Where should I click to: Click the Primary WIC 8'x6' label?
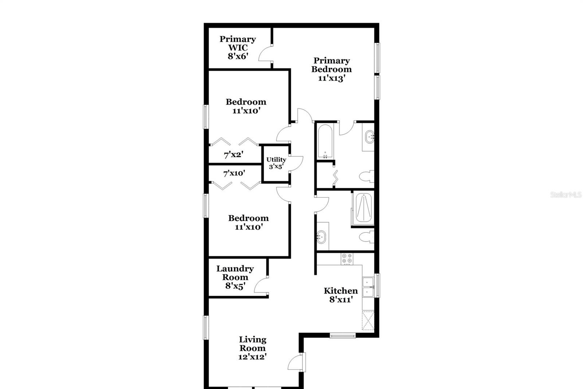pyautogui.click(x=238, y=48)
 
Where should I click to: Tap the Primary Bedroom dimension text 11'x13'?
pyautogui.click(x=332, y=78)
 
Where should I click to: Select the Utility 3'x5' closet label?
pyautogui.click(x=276, y=163)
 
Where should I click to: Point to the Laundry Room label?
pyautogui.click(x=235, y=273)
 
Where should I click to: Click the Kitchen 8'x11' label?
pyautogui.click(x=341, y=295)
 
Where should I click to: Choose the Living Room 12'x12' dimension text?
pyautogui.click(x=253, y=357)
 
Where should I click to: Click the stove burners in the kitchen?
pyautogui.click(x=347, y=259)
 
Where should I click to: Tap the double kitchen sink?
pyautogui.click(x=368, y=287)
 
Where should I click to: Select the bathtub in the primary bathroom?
pyautogui.click(x=325, y=141)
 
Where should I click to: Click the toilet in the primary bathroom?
pyautogui.click(x=367, y=177)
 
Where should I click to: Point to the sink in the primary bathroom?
pyautogui.click(x=369, y=137)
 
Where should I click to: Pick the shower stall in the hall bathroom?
pyautogui.click(x=363, y=208)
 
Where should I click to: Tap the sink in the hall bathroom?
pyautogui.click(x=321, y=237)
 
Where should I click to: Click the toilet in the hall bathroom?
pyautogui.click(x=367, y=237)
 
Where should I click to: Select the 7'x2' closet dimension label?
pyautogui.click(x=234, y=155)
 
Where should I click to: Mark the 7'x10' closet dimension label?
pyautogui.click(x=234, y=173)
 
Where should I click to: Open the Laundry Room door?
pyautogui.click(x=261, y=286)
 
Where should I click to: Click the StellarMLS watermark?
pyautogui.click(x=566, y=195)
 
